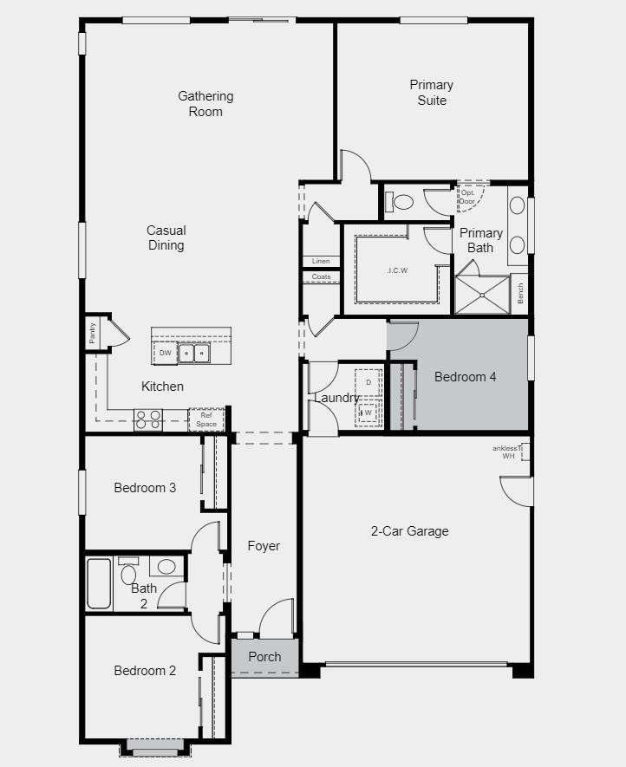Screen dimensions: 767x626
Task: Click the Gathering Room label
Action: [205, 104]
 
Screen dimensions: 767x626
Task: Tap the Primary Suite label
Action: [432, 93]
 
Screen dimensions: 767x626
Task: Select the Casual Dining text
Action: [166, 237]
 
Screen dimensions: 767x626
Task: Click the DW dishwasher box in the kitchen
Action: [165, 353]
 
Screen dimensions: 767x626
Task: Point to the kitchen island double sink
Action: [193, 354]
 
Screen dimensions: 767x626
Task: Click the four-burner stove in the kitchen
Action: [148, 419]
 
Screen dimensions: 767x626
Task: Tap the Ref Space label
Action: [206, 419]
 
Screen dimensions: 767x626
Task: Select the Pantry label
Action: [93, 333]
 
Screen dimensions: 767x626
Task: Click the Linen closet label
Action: [321, 261]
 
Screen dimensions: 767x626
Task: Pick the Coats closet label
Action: [321, 277]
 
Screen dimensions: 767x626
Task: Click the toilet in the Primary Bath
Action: [401, 203]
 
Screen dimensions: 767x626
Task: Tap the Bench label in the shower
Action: [519, 292]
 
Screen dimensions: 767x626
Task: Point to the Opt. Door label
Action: [467, 197]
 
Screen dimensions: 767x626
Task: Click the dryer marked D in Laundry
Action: [368, 382]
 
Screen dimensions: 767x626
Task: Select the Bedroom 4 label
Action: [466, 377]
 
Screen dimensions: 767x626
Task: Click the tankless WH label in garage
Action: [509, 452]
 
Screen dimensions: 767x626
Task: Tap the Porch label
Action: [264, 657]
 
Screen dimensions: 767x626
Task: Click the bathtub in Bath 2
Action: [99, 583]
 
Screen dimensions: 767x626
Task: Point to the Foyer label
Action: [264, 546]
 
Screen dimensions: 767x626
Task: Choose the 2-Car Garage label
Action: [409, 531]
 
